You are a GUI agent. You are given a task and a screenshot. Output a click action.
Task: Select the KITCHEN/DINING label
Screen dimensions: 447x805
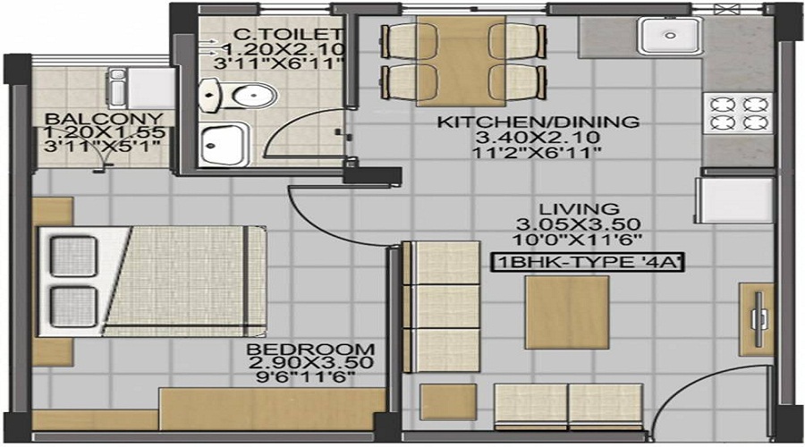[537, 122]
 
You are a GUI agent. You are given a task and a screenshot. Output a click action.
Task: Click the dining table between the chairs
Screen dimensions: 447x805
[462, 60]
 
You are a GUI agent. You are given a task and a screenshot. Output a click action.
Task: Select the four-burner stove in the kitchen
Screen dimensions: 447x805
[735, 114]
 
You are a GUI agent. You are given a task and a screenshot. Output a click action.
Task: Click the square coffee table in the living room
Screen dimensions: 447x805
[567, 312]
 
